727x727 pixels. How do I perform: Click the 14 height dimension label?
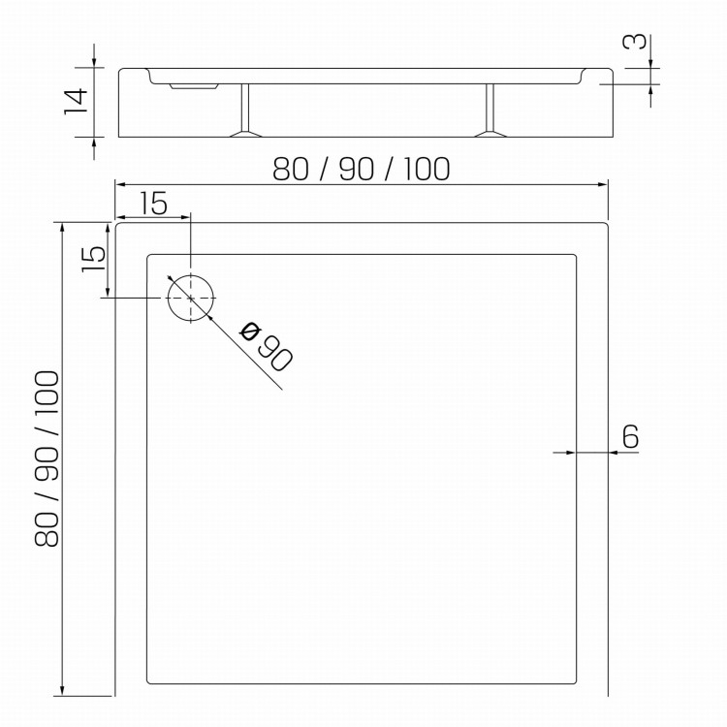point(76,101)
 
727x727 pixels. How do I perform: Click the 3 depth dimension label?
point(635,42)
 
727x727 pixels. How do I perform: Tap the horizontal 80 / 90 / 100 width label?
point(362,169)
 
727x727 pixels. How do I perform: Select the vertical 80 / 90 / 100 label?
point(47,458)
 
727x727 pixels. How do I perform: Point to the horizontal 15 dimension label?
point(153,204)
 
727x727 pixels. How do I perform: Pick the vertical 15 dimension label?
point(94,259)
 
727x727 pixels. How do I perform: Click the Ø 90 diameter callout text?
point(267,346)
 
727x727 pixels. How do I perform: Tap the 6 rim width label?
point(630,436)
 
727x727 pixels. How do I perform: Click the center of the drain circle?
point(191,299)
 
